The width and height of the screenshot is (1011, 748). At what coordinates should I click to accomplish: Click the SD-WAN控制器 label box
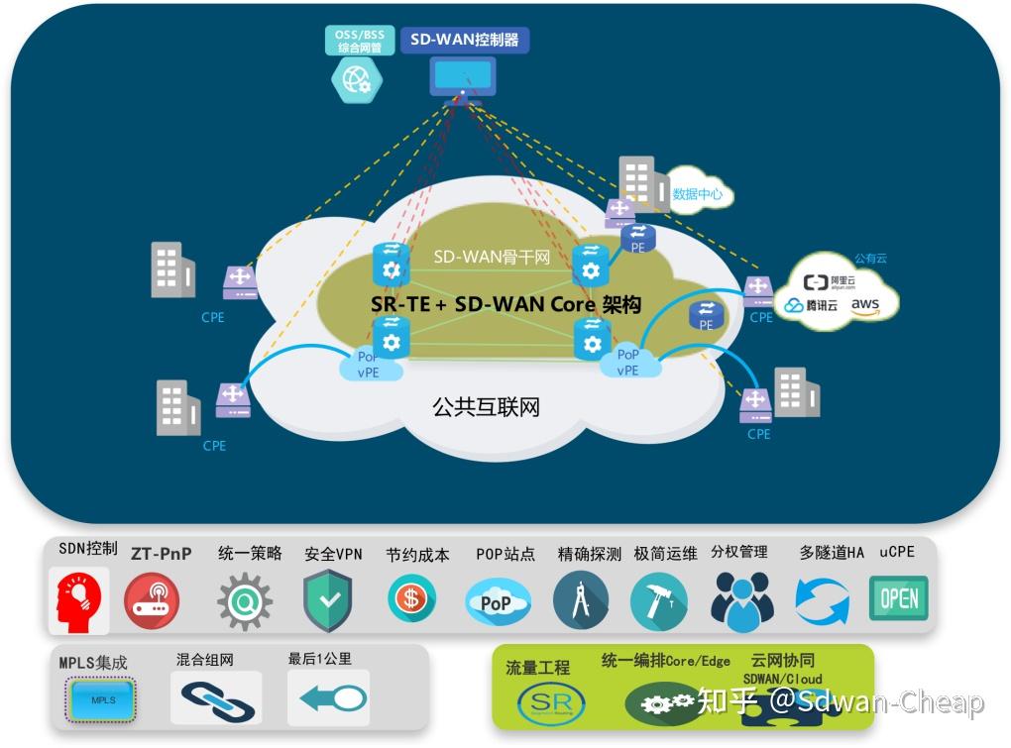(465, 41)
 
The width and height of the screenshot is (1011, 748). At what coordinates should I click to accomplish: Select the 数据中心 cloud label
(698, 194)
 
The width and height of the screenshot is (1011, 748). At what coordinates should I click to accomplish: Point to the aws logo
(864, 304)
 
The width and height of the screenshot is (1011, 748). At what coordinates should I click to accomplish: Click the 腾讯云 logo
(812, 305)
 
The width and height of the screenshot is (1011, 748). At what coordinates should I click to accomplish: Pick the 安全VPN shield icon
(328, 600)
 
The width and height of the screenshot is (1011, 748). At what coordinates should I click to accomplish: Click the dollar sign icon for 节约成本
(411, 598)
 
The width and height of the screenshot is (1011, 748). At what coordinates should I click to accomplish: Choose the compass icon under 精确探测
(581, 600)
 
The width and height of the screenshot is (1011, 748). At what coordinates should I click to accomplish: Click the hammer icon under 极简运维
(658, 600)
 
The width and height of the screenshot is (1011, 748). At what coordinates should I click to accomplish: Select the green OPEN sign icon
(897, 598)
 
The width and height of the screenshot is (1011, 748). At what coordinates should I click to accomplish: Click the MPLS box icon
(104, 699)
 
